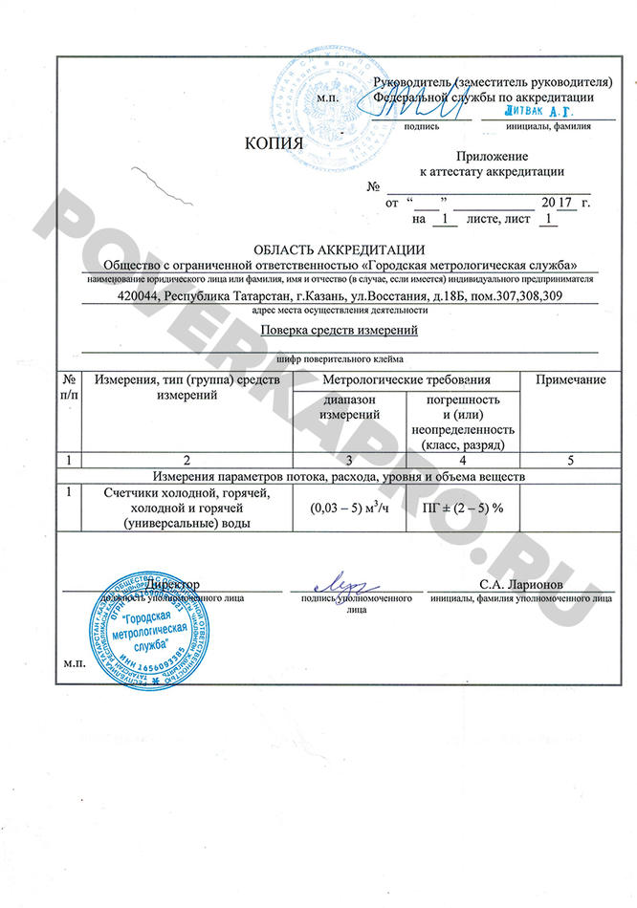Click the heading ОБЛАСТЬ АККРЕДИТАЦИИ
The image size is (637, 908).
pos(332,250)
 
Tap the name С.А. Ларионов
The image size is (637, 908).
pos(516,583)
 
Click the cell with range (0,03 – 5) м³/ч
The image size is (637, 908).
pos(351,508)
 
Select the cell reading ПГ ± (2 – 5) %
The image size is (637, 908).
pos(463,508)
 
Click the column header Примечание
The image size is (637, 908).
pos(570,380)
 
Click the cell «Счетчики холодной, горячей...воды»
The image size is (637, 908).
pos(187,508)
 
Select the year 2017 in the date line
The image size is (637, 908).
pos(557,203)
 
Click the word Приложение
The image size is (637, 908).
pos(492,156)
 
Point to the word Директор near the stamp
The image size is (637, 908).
pos(172,583)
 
